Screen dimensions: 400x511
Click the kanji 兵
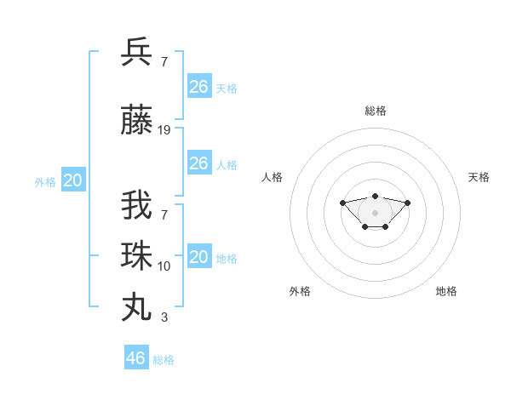137,52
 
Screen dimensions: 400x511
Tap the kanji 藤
137,121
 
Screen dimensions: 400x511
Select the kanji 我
137,207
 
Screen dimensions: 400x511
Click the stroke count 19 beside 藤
164,130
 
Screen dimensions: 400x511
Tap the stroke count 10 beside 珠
164,266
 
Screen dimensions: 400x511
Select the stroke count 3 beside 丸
164,317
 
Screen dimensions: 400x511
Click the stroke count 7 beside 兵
164,61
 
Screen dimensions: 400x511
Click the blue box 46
136,358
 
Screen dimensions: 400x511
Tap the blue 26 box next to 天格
198,87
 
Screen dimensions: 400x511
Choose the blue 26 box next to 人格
198,163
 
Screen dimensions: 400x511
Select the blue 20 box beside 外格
73,180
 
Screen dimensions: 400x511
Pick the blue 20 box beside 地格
198,257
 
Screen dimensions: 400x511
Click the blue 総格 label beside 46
164,360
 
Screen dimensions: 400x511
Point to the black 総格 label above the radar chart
375,111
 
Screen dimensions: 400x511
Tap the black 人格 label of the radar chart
273,177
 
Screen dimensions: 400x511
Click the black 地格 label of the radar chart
446,291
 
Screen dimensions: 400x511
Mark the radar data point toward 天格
407,203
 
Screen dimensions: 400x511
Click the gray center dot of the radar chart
375,213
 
